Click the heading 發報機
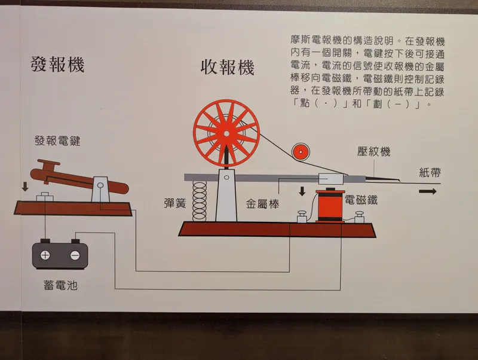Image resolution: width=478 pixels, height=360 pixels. (57, 65)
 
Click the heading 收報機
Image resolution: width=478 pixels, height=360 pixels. (228, 67)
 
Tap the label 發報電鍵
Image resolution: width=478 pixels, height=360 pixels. (57, 141)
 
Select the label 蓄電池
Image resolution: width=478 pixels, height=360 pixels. (61, 285)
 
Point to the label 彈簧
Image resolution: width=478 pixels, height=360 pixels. (174, 203)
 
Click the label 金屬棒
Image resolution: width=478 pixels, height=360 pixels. (262, 204)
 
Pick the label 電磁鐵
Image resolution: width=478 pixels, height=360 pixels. (361, 200)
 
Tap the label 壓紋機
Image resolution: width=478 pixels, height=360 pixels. (374, 151)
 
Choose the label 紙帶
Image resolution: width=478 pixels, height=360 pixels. (430, 173)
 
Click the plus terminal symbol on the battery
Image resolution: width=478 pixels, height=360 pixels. (45, 255)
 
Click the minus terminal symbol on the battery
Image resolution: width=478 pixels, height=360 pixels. (75, 255)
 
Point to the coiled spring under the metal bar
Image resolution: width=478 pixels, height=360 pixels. (200, 201)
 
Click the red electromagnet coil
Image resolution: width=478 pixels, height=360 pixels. (330, 205)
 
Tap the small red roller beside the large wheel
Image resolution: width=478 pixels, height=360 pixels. (301, 152)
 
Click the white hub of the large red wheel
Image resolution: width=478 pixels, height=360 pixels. (226, 133)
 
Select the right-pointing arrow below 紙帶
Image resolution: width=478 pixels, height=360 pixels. (427, 191)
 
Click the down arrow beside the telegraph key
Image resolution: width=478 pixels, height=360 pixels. (25, 187)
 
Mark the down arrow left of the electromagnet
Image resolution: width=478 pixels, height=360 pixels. (302, 191)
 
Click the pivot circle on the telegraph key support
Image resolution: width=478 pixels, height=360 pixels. (100, 185)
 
